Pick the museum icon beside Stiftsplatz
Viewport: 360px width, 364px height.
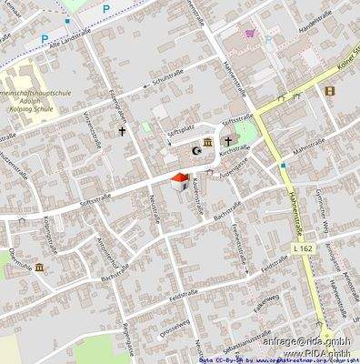[x=207, y=142]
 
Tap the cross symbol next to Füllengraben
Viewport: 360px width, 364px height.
[x=121, y=131]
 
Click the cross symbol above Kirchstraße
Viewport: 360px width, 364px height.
[x=228, y=142]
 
